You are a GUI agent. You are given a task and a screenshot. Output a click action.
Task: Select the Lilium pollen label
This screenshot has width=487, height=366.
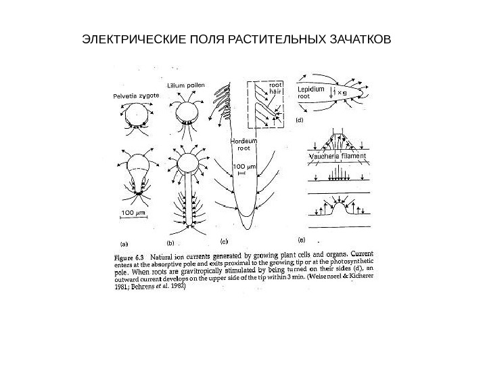tap(185, 85)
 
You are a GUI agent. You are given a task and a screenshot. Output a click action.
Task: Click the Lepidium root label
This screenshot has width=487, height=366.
tap(311, 92)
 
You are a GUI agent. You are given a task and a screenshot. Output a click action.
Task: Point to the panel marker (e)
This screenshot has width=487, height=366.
tap(302, 239)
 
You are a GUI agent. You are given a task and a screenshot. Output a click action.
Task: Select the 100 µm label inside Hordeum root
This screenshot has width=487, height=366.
tap(241, 165)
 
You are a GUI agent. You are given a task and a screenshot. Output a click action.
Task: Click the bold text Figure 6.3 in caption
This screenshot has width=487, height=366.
tap(130, 258)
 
